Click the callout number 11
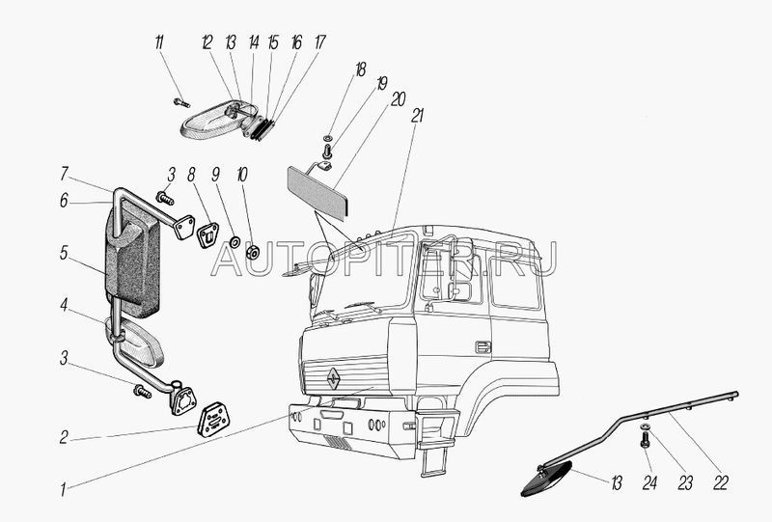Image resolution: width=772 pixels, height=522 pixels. click(159, 42)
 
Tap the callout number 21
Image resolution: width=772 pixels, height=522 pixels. click(418, 114)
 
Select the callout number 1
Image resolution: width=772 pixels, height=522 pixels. click(64, 489)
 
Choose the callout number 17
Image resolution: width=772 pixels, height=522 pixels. click(320, 42)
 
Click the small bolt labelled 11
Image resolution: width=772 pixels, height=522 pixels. click(180, 101)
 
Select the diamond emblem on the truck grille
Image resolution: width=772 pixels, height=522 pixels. click(331, 379)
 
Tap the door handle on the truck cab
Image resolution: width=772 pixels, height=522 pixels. click(482, 346)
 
